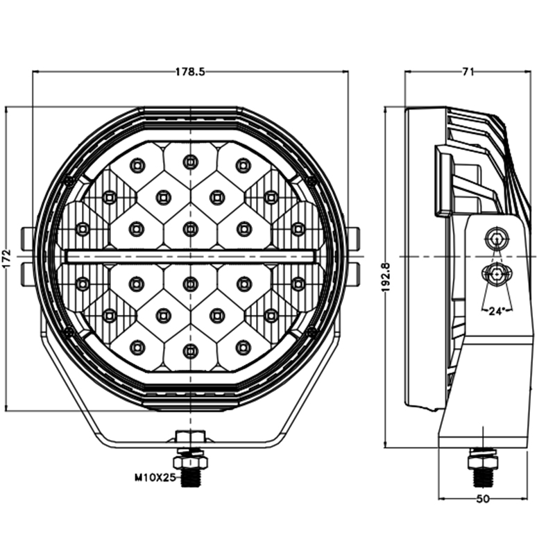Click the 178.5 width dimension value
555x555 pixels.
click(x=189, y=71)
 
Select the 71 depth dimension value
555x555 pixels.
click(x=468, y=71)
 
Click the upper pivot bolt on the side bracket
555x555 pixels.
click(x=495, y=238)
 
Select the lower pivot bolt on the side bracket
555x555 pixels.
click(x=496, y=274)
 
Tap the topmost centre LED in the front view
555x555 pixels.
click(x=190, y=162)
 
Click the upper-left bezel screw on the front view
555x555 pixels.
click(x=68, y=181)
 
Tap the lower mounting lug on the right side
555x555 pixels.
click(x=352, y=273)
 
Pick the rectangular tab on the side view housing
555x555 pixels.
click(x=442, y=180)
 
